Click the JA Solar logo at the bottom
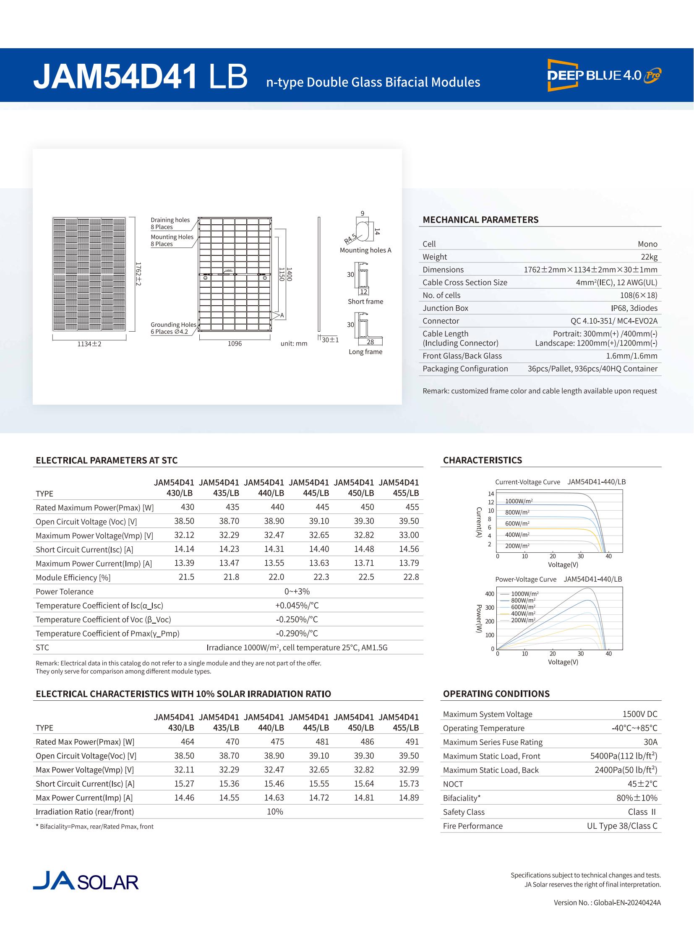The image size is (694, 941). point(86,881)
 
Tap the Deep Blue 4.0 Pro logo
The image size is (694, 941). point(604,75)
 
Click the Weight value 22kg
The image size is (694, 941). point(649,257)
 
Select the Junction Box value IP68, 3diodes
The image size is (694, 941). point(634,308)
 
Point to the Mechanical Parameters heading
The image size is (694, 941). point(480,220)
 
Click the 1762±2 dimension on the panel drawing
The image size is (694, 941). point(138,274)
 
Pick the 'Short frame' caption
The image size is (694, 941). point(365,302)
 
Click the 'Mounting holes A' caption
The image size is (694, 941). point(365,250)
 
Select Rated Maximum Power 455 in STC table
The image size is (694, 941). point(412,507)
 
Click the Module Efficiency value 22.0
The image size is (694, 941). point(276,577)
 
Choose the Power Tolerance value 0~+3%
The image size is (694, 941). point(297,591)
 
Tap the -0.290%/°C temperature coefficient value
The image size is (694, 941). point(297,633)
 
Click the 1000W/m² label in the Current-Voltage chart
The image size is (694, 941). point(519,502)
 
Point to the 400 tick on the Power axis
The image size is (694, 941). point(490,594)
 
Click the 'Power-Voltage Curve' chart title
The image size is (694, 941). point(526,580)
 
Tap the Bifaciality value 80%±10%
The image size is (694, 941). point(637,798)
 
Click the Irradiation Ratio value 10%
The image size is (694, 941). point(275,812)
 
